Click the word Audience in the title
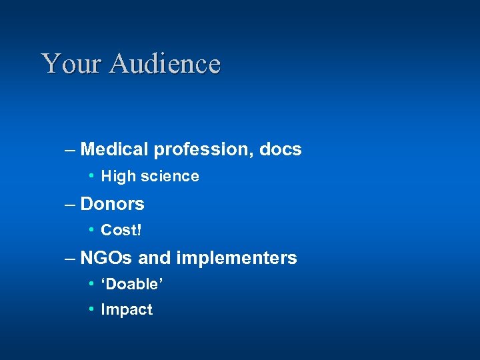pyautogui.click(x=165, y=64)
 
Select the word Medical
pyautogui.click(x=115, y=149)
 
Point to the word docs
pyautogui.click(x=280, y=149)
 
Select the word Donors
pyautogui.click(x=112, y=203)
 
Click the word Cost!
pyautogui.click(x=121, y=230)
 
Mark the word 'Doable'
pyautogui.click(x=132, y=283)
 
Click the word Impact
pyautogui.click(x=127, y=310)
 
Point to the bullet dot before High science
pyautogui.click(x=91, y=177)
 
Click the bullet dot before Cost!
pyautogui.click(x=91, y=230)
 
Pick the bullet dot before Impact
pyautogui.click(x=91, y=309)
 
